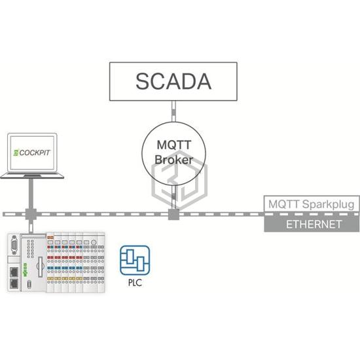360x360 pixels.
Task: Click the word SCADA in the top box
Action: tap(173, 81)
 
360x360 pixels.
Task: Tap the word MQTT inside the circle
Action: tap(174, 145)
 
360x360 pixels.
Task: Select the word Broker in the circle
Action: tap(174, 160)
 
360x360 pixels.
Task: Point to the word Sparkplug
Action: tap(329, 204)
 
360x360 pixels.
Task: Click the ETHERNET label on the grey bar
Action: tap(314, 225)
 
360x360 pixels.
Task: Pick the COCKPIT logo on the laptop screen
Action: tap(32, 153)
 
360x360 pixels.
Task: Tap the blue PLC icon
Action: tap(135, 261)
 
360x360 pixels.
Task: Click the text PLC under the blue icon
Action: tap(135, 283)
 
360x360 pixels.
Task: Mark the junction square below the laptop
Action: tap(31, 214)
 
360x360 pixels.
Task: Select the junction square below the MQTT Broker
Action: tap(173, 214)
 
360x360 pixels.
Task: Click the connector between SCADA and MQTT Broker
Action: tap(174, 111)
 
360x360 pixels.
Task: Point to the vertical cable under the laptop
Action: tap(31, 194)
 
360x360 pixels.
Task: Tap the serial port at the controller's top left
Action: tap(14, 245)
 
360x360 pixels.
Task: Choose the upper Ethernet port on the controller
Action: tap(14, 272)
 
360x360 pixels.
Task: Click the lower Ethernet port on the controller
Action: tap(14, 284)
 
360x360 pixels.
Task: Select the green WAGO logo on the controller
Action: tap(25, 270)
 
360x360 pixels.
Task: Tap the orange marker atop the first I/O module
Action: tap(50, 238)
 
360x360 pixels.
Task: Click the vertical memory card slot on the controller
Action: tap(41, 266)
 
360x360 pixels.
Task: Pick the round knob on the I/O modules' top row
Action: tap(94, 242)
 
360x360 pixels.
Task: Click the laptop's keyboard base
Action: tap(32, 175)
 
